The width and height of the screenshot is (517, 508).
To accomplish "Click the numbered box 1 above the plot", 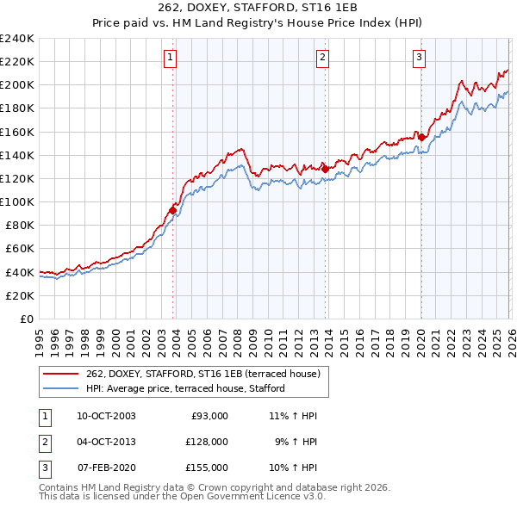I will [171, 58].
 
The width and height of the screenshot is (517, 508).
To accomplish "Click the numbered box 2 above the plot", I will [322, 58].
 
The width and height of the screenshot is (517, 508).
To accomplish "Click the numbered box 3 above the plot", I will [419, 58].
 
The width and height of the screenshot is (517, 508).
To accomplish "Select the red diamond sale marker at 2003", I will [173, 209].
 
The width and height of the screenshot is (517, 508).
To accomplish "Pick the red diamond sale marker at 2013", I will [325, 169].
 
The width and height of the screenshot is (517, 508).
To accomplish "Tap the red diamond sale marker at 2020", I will [421, 137].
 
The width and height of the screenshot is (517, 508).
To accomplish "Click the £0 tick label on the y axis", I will [26, 319].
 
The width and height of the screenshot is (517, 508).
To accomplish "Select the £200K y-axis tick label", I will [17, 84].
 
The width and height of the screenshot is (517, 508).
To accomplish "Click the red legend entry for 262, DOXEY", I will [202, 373].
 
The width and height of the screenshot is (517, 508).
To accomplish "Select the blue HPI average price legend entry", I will [190, 388].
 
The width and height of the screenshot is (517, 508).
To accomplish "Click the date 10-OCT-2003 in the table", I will [106, 416].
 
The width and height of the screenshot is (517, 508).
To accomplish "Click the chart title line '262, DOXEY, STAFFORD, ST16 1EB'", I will [259, 9].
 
